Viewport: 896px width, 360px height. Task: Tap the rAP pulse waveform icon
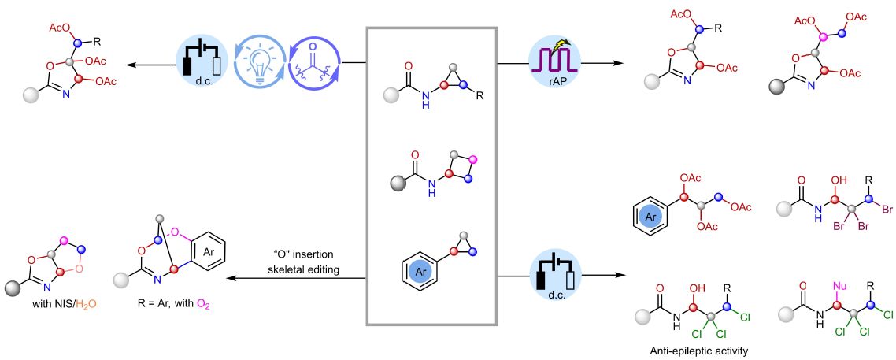(555, 61)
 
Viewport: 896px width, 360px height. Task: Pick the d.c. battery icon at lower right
(555, 276)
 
